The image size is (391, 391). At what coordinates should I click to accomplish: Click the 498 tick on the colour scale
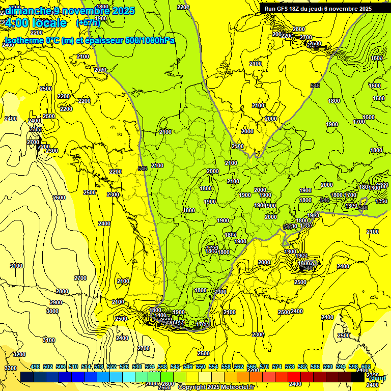(x=35, y=367)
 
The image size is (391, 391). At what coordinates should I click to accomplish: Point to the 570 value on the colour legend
(x=264, y=367)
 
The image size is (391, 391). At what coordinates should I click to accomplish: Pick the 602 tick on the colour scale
(x=366, y=367)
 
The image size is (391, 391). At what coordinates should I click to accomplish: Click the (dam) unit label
(x=376, y=378)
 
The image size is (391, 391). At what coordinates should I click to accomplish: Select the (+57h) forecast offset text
(x=88, y=23)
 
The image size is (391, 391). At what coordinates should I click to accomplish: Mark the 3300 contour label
(x=10, y=368)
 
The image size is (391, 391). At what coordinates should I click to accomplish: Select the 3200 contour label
(x=19, y=354)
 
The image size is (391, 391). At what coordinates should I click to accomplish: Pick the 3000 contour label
(x=52, y=311)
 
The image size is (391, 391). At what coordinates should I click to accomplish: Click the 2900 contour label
(x=55, y=302)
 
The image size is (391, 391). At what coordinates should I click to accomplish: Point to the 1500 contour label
(x=379, y=98)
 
